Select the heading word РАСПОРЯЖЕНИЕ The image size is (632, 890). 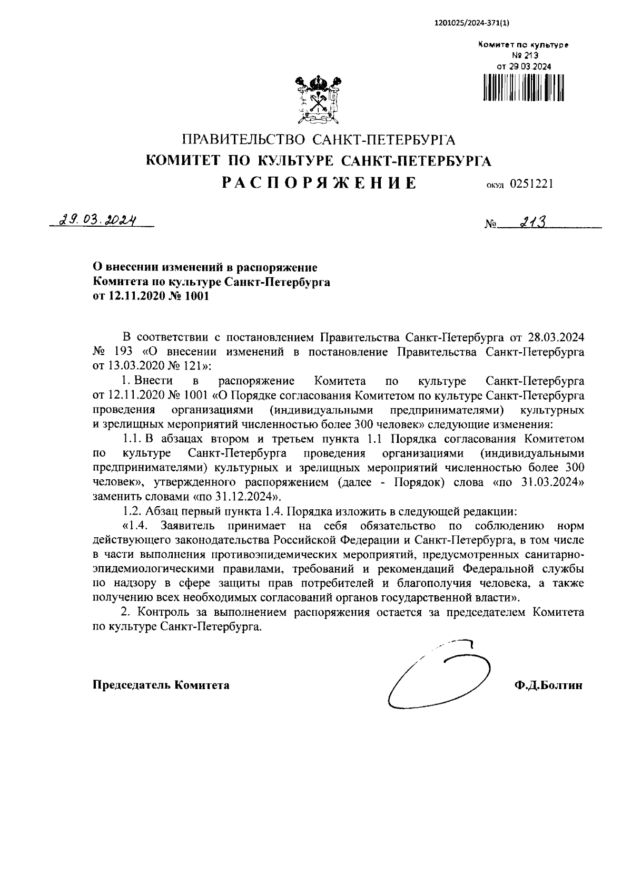click(x=319, y=183)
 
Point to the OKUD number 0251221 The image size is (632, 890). click(x=531, y=184)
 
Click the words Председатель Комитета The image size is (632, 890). click(x=161, y=685)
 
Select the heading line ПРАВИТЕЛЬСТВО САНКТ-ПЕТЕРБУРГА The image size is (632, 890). click(x=318, y=140)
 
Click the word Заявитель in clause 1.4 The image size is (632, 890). click(x=187, y=526)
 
